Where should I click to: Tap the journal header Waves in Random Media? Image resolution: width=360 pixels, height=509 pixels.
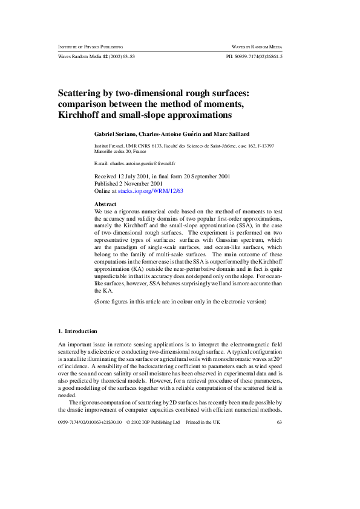pyautogui.click(x=258, y=47)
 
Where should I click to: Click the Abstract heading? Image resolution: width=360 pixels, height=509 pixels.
pyautogui.click(x=106, y=204)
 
